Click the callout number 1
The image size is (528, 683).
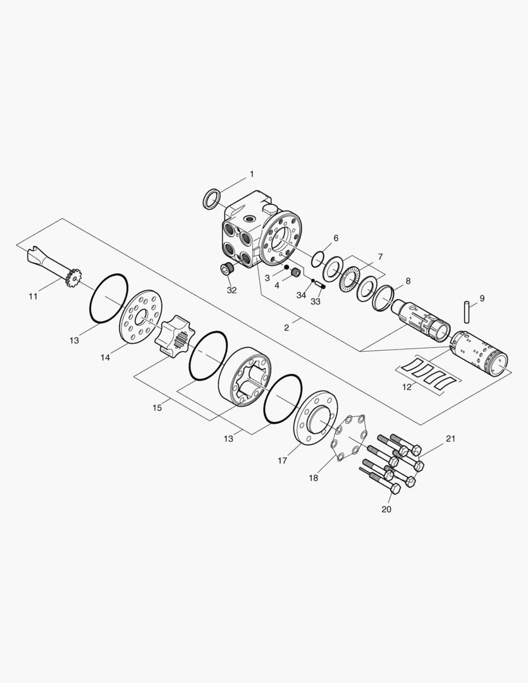(252, 175)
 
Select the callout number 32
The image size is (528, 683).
(232, 290)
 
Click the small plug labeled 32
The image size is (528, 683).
(227, 269)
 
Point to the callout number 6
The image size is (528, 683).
(336, 238)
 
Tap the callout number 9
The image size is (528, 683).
(482, 298)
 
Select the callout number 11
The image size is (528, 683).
(33, 296)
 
